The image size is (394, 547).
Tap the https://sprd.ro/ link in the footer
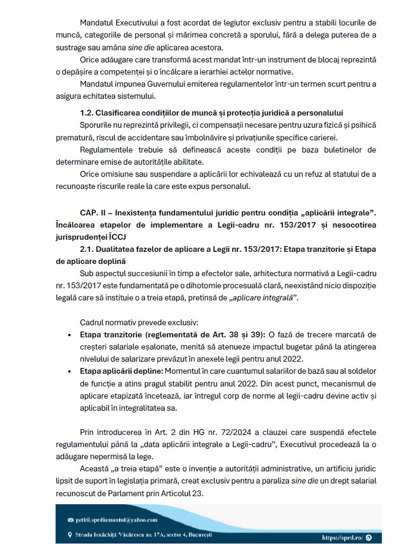(x=342, y=537)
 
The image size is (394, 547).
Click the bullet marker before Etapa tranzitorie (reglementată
(x=69, y=334)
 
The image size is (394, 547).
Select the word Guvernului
(x=154, y=84)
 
